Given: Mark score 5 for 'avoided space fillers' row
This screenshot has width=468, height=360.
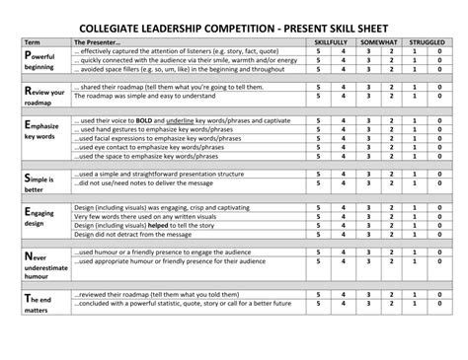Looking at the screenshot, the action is (x=318, y=70).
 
